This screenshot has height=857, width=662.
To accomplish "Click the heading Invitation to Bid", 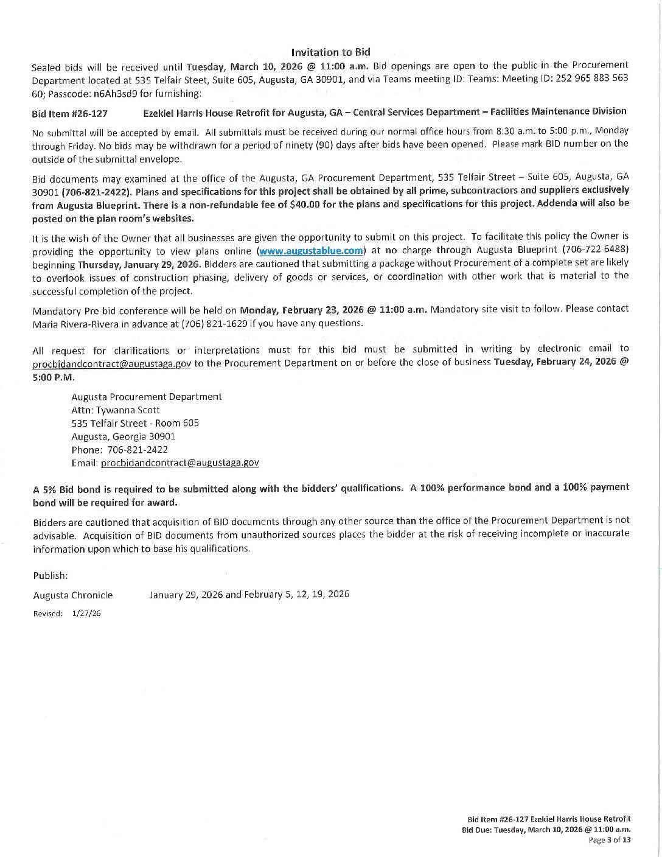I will [330, 52].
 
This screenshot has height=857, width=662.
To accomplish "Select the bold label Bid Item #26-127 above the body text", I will [69, 114].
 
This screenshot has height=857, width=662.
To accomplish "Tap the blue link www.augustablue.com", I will [311, 250].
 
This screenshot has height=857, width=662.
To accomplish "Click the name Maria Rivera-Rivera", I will [75, 323].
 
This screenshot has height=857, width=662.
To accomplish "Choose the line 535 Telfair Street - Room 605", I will [134, 423].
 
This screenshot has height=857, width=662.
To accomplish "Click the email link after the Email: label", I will [179, 463].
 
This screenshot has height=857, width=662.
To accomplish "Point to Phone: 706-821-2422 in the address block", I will [119, 450].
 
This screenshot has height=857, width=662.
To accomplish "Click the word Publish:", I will [51, 576].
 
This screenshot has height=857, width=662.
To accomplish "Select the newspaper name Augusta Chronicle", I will [72, 595].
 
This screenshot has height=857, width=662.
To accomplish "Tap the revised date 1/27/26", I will [86, 614].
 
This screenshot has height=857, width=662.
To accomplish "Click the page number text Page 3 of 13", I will [609, 840].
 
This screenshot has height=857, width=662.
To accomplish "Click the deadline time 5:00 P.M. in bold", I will [53, 377].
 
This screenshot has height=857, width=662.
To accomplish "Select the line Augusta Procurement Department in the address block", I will [146, 397].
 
